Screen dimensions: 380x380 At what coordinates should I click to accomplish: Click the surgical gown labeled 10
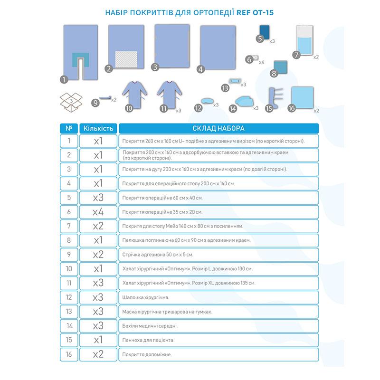point(135,95)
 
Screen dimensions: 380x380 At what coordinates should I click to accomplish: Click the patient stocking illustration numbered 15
point(272,97)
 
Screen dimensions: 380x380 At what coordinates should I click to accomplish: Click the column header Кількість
point(98,128)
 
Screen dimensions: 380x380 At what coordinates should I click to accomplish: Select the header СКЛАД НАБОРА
point(218,128)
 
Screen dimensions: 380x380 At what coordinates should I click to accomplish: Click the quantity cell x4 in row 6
point(98,212)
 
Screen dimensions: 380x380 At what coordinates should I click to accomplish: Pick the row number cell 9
point(69,255)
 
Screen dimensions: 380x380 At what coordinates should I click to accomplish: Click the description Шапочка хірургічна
point(146,297)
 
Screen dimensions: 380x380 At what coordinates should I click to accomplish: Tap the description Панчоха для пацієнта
point(148,340)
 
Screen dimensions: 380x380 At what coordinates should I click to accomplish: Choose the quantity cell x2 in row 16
point(98,354)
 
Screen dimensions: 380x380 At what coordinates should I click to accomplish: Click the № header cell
point(69,128)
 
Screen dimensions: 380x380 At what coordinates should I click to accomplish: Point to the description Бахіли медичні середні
point(150,326)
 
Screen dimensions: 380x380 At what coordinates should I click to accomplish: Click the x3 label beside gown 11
point(179,111)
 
